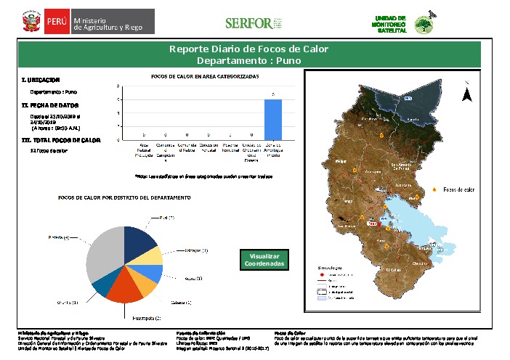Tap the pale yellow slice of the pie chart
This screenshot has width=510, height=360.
(x=152, y=255)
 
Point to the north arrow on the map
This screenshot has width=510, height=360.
(x=467, y=95)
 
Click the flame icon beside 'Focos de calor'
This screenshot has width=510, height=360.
(x=434, y=189)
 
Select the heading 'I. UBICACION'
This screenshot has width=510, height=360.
(x=41, y=80)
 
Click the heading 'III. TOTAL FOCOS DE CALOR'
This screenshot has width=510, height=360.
(x=61, y=139)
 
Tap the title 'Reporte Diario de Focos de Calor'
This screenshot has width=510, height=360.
(x=248, y=49)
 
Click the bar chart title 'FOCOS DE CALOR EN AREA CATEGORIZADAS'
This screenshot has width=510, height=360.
(x=205, y=75)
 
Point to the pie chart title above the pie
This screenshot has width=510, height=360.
(x=124, y=197)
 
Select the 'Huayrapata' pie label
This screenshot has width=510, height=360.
(x=146, y=317)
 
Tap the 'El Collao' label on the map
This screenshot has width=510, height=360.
(x=394, y=269)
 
